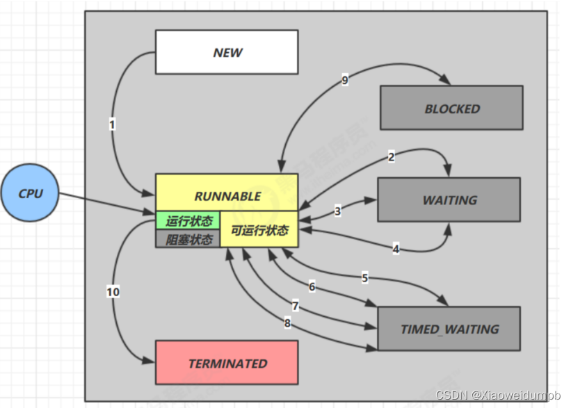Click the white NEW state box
click(227, 52)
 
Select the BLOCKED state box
click(451, 108)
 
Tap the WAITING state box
click(449, 199)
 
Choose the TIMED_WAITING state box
click(449, 328)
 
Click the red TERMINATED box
click(227, 363)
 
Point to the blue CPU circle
click(30, 193)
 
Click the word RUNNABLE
click(227, 196)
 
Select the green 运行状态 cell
click(188, 221)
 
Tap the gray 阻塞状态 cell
click(188, 239)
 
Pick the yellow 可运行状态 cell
click(259, 230)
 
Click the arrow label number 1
click(112, 125)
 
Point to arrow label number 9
click(345, 80)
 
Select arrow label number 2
click(391, 157)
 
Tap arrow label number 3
click(338, 211)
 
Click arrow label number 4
click(396, 248)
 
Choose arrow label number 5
click(364, 278)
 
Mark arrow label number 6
click(312, 286)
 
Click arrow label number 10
click(113, 292)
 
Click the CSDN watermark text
click(498, 395)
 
